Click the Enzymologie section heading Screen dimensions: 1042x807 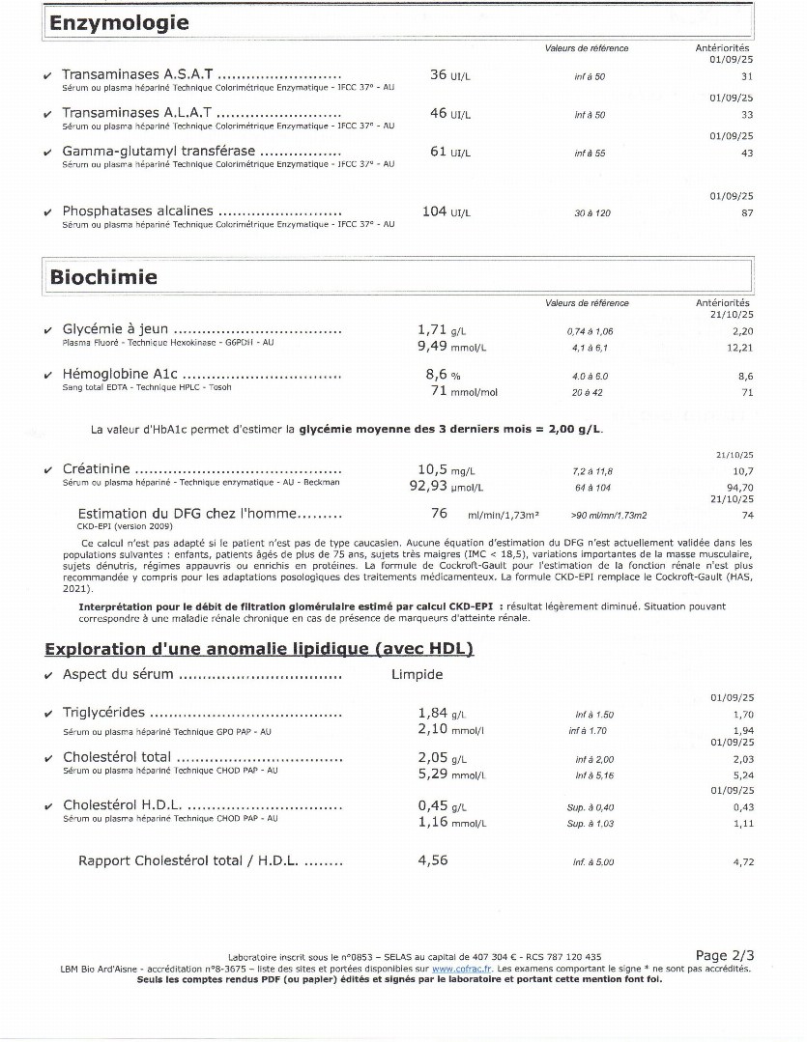[x=120, y=24]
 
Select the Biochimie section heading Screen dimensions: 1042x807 [x=103, y=277]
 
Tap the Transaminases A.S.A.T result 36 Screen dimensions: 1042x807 [x=438, y=74]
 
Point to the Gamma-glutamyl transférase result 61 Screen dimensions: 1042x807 [x=438, y=152]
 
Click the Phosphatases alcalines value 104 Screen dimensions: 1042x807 [x=434, y=211]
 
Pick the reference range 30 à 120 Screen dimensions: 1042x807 [x=592, y=213]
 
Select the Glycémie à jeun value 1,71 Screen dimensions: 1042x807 [x=432, y=329]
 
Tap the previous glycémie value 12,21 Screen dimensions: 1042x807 [x=739, y=347]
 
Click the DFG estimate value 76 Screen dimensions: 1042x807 [x=439, y=514]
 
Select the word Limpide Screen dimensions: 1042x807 [x=417, y=674]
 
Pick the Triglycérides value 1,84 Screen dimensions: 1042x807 [x=432, y=713]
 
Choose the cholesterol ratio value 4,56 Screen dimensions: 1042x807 [x=432, y=860]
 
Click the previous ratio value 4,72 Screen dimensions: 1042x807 [x=742, y=861]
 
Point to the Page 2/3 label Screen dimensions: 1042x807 [x=724, y=955]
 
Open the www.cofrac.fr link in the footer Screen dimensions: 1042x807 [x=456, y=968]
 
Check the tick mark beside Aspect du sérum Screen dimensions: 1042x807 [x=49, y=675]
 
